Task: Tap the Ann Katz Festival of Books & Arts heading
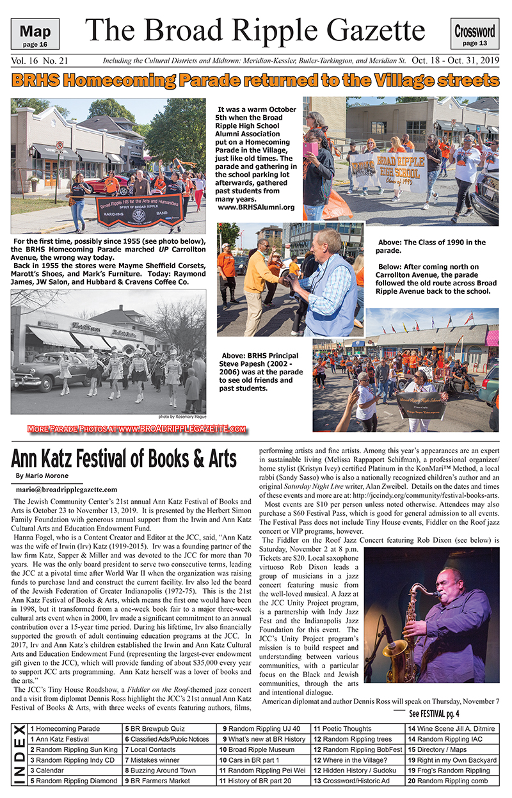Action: pos(124,459)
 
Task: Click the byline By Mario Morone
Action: pos(42,476)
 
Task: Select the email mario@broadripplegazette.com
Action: pos(63,489)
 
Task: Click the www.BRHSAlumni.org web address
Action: pos(256,207)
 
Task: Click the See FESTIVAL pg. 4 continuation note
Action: pos(435,714)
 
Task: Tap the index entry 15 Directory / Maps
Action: pos(442,749)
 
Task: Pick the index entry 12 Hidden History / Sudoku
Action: pos(357,770)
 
